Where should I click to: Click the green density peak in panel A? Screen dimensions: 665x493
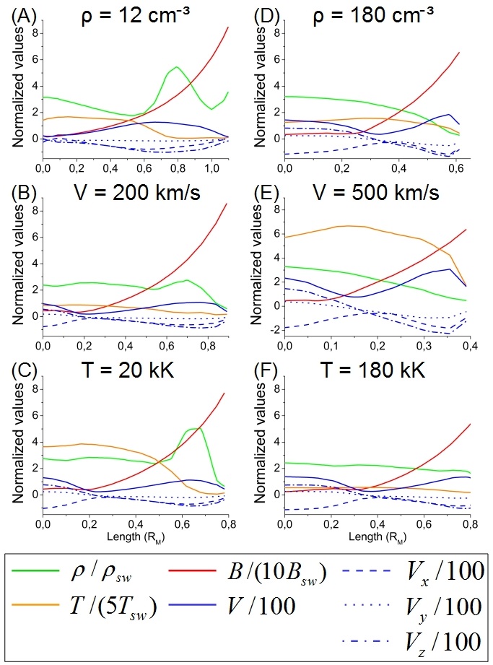177,67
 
